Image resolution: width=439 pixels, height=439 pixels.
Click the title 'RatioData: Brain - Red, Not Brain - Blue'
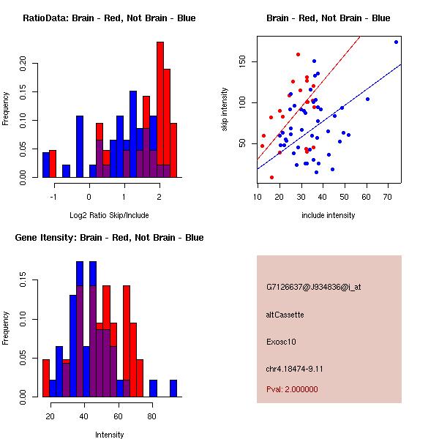click(108, 18)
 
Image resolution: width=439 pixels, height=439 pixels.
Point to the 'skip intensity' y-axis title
click(225, 110)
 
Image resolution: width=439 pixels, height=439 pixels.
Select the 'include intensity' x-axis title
click(328, 215)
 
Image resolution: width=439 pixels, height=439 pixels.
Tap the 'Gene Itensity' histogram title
click(108, 238)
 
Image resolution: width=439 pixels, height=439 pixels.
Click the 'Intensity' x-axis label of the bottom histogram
click(110, 435)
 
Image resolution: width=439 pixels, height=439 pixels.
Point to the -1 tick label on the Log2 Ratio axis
click(53, 196)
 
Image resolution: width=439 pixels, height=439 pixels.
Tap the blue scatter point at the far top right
click(396, 42)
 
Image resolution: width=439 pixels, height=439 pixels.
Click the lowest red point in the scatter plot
click(271, 177)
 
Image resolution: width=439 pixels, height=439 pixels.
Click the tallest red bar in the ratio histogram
click(160, 110)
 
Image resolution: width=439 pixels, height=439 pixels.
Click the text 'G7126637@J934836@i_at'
click(313, 287)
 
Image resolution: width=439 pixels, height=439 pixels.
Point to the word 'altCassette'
click(285, 314)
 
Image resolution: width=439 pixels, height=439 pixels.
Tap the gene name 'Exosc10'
click(282, 341)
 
